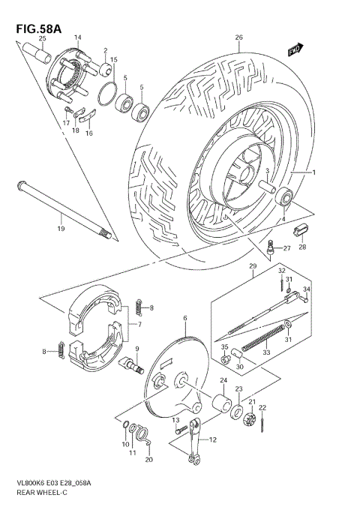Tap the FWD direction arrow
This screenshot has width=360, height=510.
(295, 49)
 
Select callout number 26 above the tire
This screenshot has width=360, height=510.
(238, 37)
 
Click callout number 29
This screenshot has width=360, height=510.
(253, 267)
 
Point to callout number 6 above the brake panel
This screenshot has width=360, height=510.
(184, 319)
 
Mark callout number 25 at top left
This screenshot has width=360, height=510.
(42, 37)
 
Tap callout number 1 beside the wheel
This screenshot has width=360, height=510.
(314, 172)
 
